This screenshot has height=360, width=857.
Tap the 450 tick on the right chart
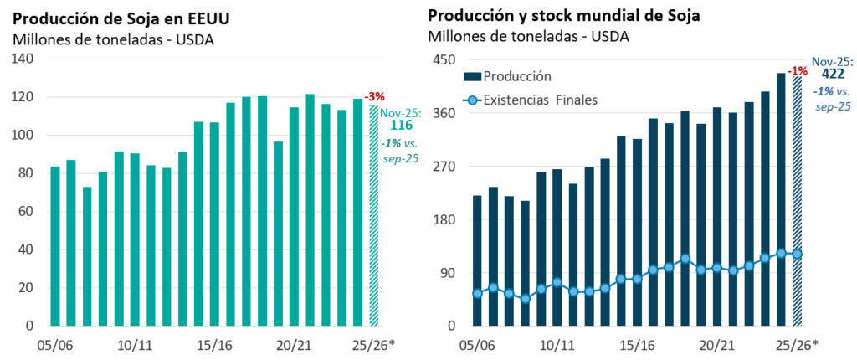pyautogui.click(x=441, y=59)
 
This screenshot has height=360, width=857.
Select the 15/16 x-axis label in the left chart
pyautogui.click(x=213, y=344)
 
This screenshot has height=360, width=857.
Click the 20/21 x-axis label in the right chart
pyautogui.click(x=716, y=344)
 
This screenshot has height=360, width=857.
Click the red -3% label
pyautogui.click(x=374, y=97)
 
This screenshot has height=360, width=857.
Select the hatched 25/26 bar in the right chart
pyautogui.click(x=798, y=201)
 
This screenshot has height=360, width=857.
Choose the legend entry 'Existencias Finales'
pyautogui.click(x=541, y=100)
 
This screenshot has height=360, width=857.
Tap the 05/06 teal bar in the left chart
pyautogui.click(x=55, y=245)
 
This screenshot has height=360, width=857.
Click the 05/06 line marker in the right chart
pyautogui.click(x=477, y=293)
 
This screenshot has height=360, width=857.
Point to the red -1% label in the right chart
pyautogui.click(x=798, y=70)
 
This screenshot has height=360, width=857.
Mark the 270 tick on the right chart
pyautogui.click(x=441, y=166)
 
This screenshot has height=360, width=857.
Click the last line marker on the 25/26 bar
pyautogui.click(x=798, y=254)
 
